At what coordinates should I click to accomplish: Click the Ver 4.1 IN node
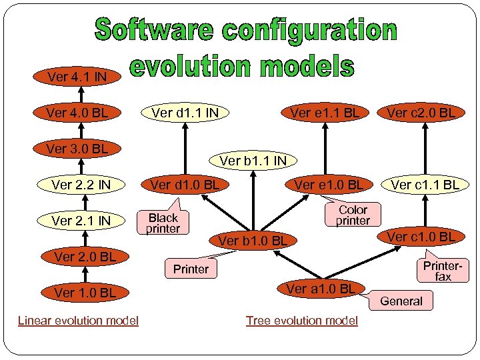(x=77, y=77)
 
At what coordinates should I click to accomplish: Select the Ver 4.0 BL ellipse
(x=77, y=113)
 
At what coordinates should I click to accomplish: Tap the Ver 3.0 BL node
(x=77, y=149)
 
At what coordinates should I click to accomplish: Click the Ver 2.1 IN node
(x=81, y=221)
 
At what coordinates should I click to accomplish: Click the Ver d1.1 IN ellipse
(x=185, y=113)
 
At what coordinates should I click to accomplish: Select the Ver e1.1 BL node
(x=325, y=113)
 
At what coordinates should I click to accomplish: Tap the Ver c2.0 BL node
(x=422, y=113)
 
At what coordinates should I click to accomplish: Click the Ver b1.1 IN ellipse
(x=253, y=161)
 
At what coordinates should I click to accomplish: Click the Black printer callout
(x=163, y=223)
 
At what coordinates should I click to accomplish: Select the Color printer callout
(x=353, y=215)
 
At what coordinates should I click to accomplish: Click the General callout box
(x=401, y=301)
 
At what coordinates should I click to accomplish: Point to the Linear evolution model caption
(x=78, y=321)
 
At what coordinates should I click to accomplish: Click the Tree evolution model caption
(x=301, y=321)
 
